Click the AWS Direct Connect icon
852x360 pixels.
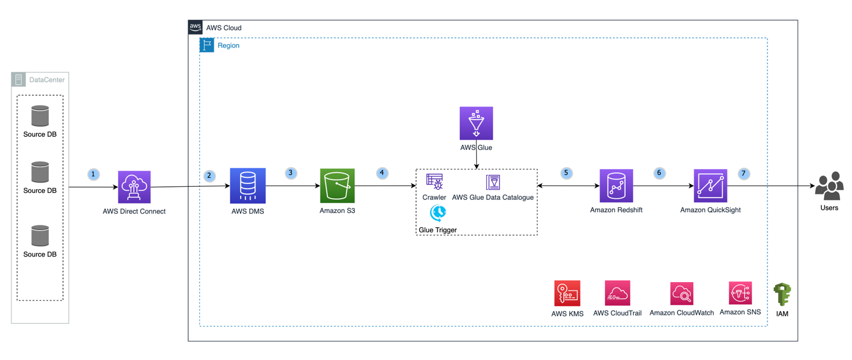tap(134, 187)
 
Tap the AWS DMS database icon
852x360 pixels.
tap(248, 186)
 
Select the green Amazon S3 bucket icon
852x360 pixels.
tap(337, 186)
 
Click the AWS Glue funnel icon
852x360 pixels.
tap(476, 123)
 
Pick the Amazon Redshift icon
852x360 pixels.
tap(616, 186)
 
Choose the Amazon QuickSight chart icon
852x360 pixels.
tap(710, 186)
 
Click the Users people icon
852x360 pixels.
tap(829, 186)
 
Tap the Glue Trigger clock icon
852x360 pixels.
tap(438, 213)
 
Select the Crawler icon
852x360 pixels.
tap(435, 181)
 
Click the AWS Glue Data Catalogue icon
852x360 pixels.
tap(493, 182)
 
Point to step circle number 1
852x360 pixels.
tap(93, 174)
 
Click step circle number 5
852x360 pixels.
tap(566, 173)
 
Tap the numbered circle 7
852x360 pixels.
tap(743, 174)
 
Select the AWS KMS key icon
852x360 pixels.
tap(567, 293)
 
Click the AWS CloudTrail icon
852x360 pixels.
tap(617, 293)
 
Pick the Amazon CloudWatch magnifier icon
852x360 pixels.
tap(682, 293)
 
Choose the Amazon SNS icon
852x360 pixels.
tap(740, 293)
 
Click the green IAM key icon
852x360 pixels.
tap(782, 295)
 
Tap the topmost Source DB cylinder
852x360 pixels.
tap(40, 116)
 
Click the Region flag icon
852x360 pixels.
tap(207, 45)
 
